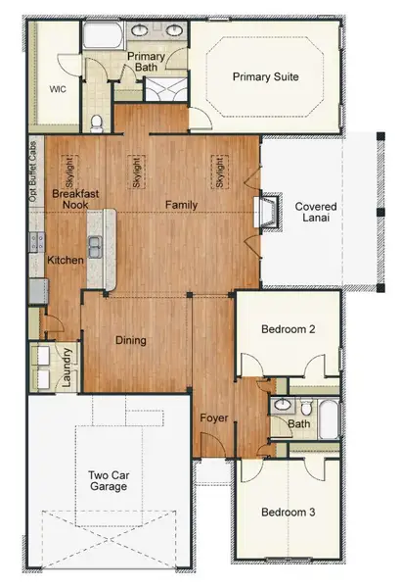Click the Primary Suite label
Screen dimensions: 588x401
point(265,76)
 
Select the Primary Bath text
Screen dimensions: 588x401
point(147,64)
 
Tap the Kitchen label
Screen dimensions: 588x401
point(66,261)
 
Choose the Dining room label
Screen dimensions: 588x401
point(130,341)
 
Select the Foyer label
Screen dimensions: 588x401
point(214,418)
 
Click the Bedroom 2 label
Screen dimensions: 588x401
point(287,330)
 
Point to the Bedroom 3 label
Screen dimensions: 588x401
point(288,512)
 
